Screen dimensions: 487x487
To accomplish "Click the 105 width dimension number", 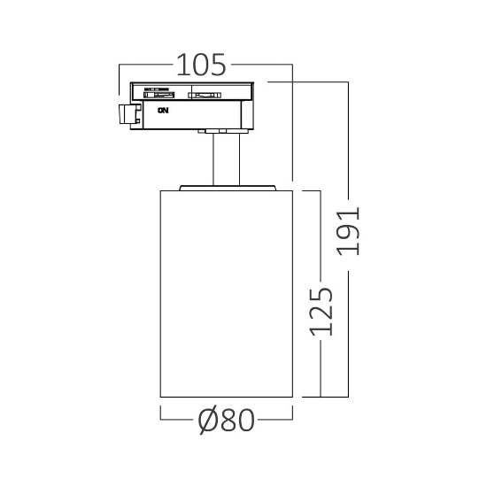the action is [x=201, y=65].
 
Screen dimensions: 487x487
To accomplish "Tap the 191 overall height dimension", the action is [x=349, y=231].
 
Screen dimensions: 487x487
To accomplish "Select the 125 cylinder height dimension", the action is [x=321, y=312].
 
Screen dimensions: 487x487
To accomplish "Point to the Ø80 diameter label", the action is [x=227, y=420].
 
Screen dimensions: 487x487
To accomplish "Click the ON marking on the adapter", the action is [x=163, y=111].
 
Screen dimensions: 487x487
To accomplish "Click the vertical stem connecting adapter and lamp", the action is [x=227, y=159].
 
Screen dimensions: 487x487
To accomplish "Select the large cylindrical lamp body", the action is [x=227, y=293].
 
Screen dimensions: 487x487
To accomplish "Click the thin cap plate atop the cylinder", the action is [x=228, y=188].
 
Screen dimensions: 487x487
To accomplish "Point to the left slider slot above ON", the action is [x=158, y=95].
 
